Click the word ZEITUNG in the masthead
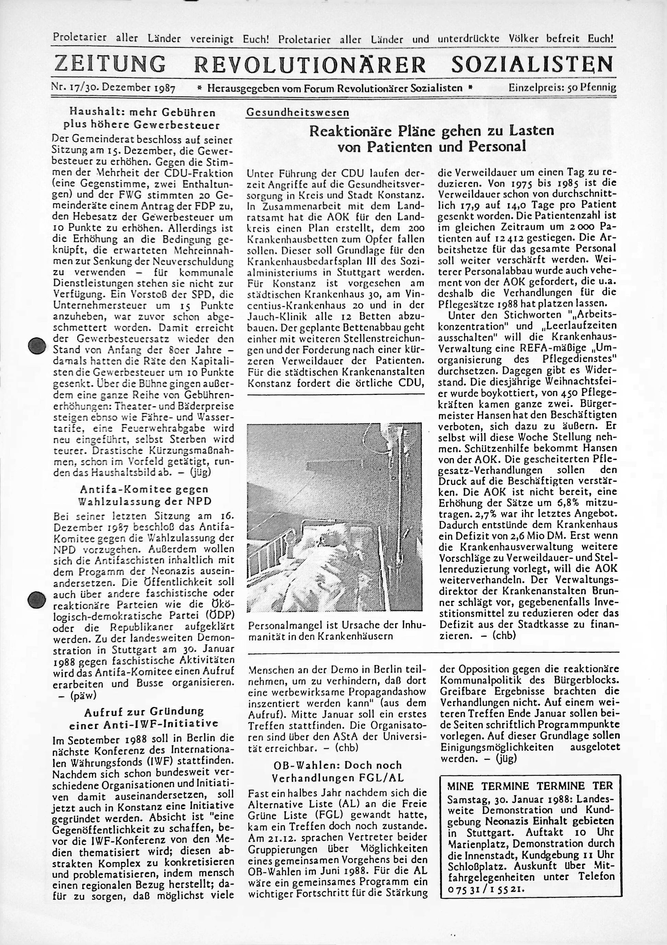[110, 64]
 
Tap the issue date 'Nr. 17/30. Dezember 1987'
[113, 88]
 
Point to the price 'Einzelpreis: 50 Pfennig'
[562, 88]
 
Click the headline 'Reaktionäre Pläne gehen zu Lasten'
[431, 131]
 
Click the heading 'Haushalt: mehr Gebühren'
[142, 112]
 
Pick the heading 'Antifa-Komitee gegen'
[144, 489]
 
